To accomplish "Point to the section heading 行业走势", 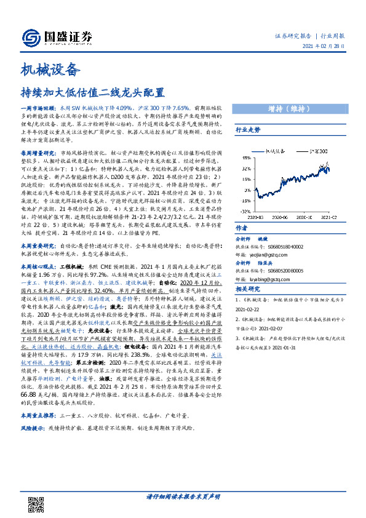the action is point(248,130).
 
